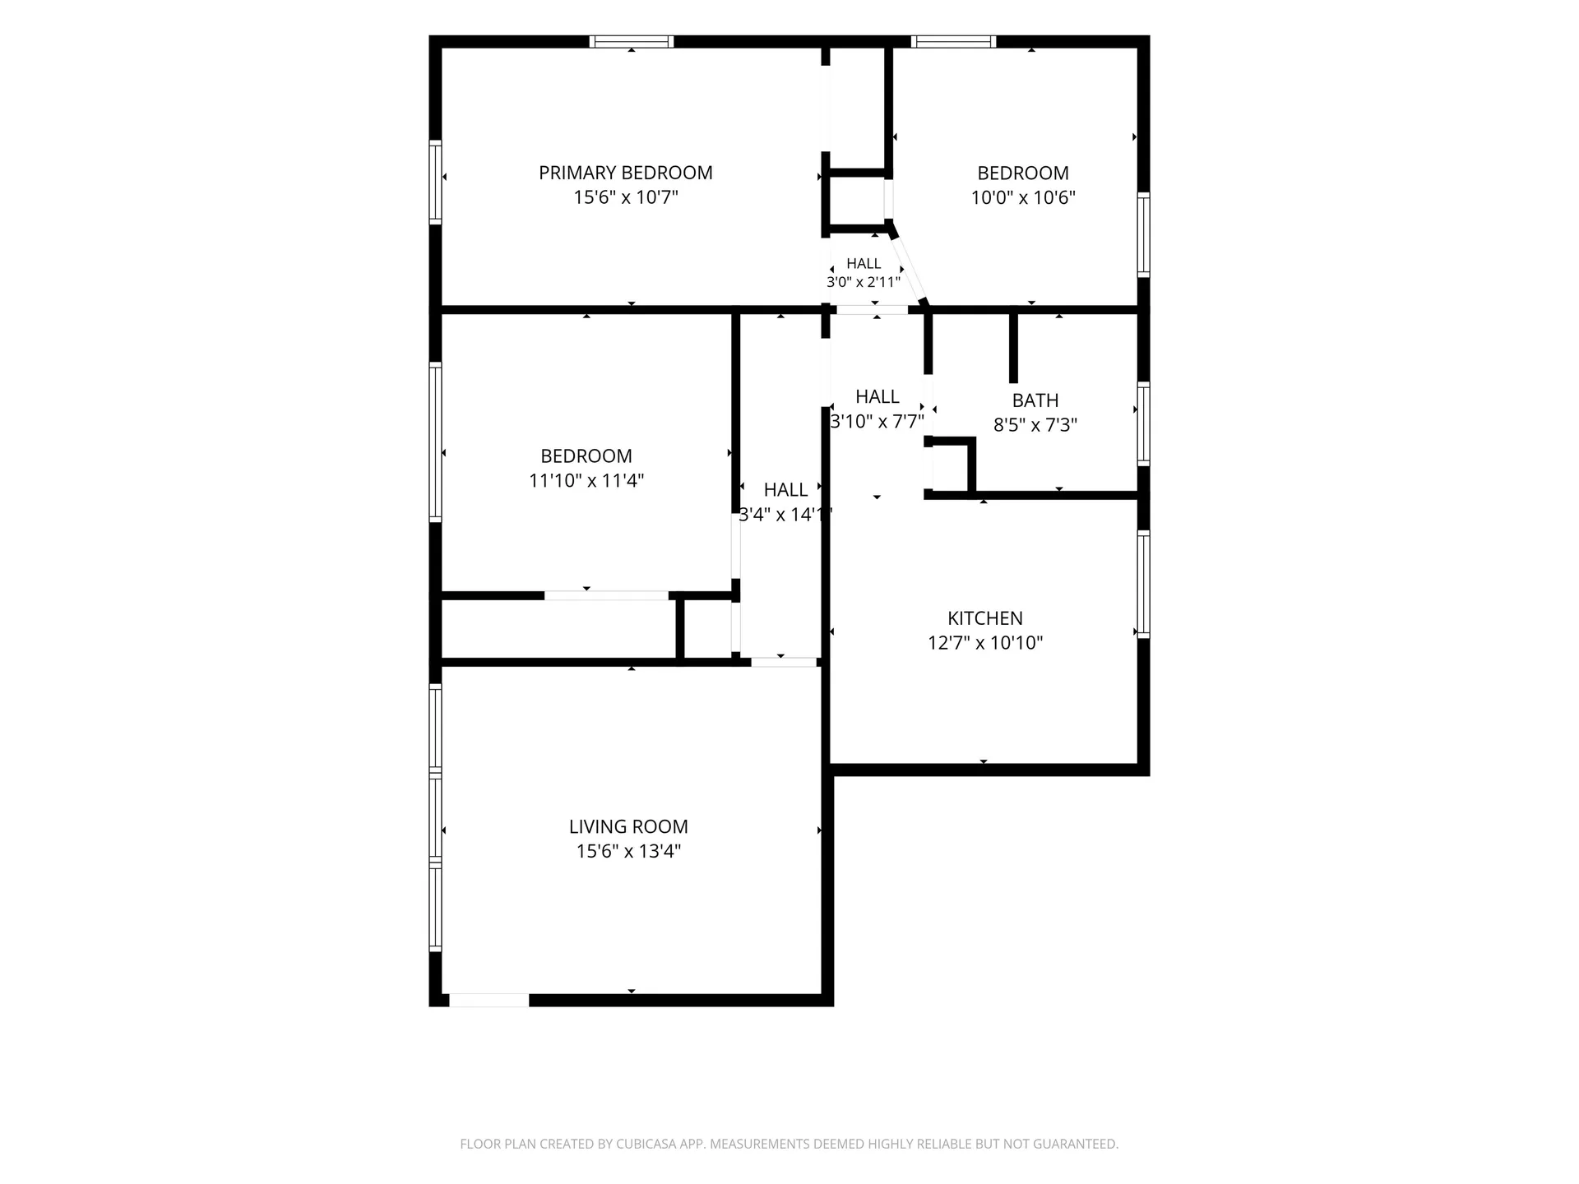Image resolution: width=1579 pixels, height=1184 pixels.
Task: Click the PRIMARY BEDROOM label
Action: click(625, 173)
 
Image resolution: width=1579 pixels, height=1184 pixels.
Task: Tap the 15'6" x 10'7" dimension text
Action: click(626, 197)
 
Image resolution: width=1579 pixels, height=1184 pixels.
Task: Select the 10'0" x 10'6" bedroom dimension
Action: click(1023, 197)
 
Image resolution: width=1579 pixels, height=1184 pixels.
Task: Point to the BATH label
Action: click(1035, 400)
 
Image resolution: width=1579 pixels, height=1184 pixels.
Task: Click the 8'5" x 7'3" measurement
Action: click(1035, 425)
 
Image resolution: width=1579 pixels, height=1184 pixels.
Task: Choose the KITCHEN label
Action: click(985, 618)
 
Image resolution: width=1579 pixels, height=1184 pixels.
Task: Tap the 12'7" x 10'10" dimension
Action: click(985, 643)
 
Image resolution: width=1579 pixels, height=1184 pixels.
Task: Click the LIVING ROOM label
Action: click(628, 826)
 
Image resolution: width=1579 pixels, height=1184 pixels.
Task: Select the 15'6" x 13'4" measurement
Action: click(628, 851)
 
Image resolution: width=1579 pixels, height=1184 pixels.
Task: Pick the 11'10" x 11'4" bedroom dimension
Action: click(586, 480)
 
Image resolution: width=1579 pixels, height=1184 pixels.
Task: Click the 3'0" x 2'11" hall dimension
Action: click(864, 281)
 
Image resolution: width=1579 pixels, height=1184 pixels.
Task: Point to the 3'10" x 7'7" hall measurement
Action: click(877, 421)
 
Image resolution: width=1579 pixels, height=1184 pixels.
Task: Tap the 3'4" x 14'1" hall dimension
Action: click(785, 515)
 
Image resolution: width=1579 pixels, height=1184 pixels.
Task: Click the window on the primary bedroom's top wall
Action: click(632, 41)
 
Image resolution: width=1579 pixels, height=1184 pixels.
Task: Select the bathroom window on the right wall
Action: click(1143, 424)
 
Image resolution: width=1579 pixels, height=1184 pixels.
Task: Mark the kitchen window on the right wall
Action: click(1143, 585)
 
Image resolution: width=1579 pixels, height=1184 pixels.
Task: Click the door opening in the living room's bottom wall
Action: click(489, 1000)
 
